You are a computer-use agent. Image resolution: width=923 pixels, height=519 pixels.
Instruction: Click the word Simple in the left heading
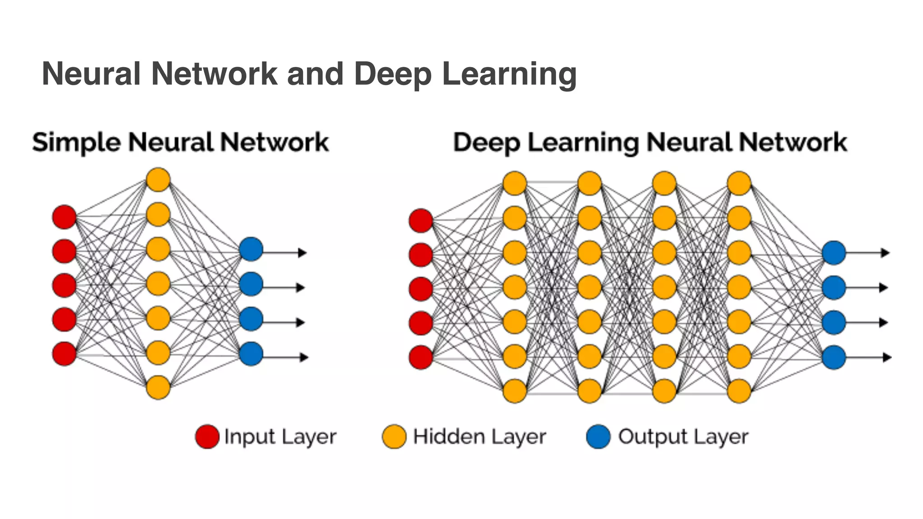click(x=76, y=143)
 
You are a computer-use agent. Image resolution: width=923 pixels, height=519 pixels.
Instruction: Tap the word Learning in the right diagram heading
click(x=583, y=143)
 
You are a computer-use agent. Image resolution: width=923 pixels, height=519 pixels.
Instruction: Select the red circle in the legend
click(x=207, y=436)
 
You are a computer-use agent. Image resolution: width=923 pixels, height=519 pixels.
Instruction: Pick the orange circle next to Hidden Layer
click(x=394, y=436)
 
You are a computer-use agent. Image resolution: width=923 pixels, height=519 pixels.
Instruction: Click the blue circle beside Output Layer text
click(x=599, y=436)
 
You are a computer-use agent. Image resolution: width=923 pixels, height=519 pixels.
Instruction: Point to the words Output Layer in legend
click(x=683, y=436)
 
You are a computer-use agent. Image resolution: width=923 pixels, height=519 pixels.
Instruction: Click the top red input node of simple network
click(x=64, y=217)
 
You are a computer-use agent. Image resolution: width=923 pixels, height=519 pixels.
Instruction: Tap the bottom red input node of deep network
click(x=421, y=357)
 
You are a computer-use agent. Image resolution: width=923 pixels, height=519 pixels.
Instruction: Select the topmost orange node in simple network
click(x=158, y=180)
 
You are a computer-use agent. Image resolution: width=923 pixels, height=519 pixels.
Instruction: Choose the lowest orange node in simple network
click(x=158, y=387)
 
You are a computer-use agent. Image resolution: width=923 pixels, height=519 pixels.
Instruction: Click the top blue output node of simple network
click(x=251, y=249)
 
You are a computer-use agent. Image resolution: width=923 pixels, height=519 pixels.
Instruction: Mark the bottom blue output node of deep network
click(x=834, y=357)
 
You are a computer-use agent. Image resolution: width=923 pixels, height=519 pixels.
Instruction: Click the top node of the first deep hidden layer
click(x=515, y=183)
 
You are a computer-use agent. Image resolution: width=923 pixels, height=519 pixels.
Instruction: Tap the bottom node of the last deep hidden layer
click(x=739, y=391)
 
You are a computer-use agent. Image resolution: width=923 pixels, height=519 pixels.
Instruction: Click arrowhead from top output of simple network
click(x=302, y=253)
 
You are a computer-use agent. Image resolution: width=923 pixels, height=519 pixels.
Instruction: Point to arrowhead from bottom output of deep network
click(x=886, y=357)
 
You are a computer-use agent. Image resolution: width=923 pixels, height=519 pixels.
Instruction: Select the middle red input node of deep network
click(x=421, y=289)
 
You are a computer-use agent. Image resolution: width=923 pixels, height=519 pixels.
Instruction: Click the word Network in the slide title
click(x=214, y=73)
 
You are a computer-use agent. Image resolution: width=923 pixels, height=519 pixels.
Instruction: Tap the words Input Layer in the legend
click(x=280, y=437)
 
